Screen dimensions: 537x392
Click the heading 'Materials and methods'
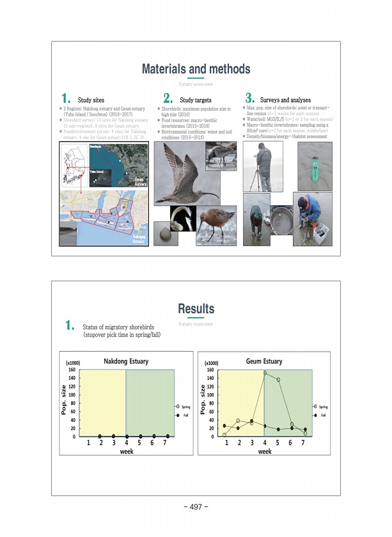click(196, 68)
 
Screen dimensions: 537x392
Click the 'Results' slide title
click(196, 309)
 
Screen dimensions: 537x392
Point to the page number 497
click(196, 507)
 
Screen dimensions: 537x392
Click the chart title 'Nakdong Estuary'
click(126, 362)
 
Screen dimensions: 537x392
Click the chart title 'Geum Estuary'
click(264, 362)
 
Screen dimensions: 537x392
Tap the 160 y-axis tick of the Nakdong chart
click(72, 370)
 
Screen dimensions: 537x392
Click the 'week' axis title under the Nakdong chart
click(127, 451)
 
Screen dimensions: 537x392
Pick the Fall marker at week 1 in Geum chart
click(224, 426)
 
